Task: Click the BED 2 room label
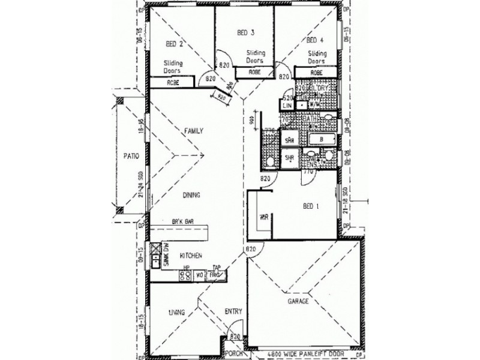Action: [174, 43]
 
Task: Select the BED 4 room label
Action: [315, 41]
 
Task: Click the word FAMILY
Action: [194, 131]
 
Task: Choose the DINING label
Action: [192, 196]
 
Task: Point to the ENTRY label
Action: [233, 311]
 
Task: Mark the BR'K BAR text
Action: [182, 222]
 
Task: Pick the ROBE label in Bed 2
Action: [174, 82]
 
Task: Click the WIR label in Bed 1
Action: [263, 217]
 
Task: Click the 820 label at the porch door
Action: [235, 337]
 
